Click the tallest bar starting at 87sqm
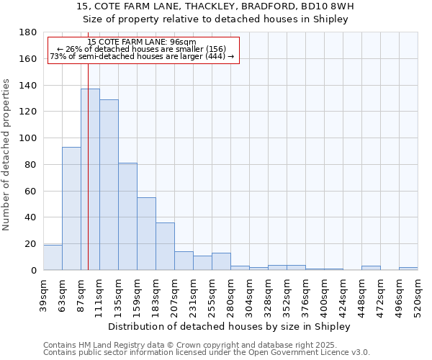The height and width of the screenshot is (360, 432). point(90,179)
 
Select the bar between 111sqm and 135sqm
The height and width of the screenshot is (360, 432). point(109,184)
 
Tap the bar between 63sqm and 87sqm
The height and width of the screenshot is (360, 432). point(71,208)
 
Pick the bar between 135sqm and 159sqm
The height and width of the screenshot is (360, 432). point(127,216)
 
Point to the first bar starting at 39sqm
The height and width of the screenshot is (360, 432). point(53,257)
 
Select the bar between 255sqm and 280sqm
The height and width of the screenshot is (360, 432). point(221,261)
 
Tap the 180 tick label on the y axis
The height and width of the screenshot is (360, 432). point(29,32)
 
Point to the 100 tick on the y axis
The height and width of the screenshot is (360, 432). point(29,138)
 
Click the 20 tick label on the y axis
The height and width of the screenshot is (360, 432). point(32,244)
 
